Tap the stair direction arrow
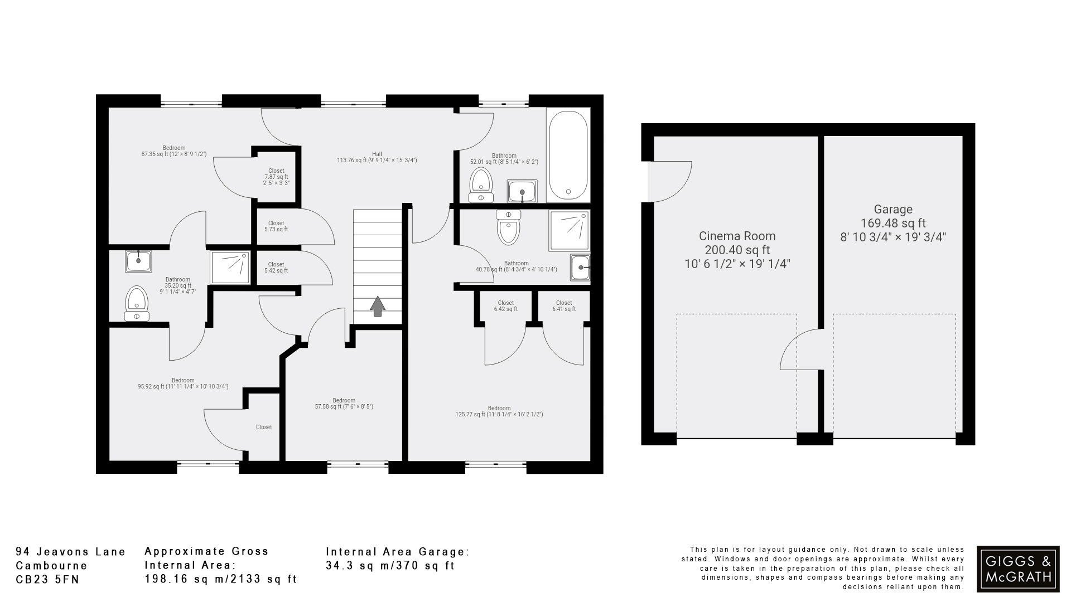(378, 306)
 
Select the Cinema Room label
(737, 250)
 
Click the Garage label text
(893, 210)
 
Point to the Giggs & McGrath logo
(1017, 569)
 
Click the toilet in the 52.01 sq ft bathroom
(481, 184)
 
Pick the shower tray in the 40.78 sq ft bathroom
(569, 230)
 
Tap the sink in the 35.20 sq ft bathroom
(138, 261)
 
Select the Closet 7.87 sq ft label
(276, 177)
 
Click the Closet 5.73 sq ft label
(276, 226)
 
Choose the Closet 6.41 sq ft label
(564, 306)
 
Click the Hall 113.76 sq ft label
(377, 157)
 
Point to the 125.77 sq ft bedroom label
(499, 411)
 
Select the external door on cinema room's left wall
(668, 181)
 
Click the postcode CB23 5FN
(47, 580)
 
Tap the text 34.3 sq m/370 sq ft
(390, 566)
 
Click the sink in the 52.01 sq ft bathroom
(522, 191)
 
